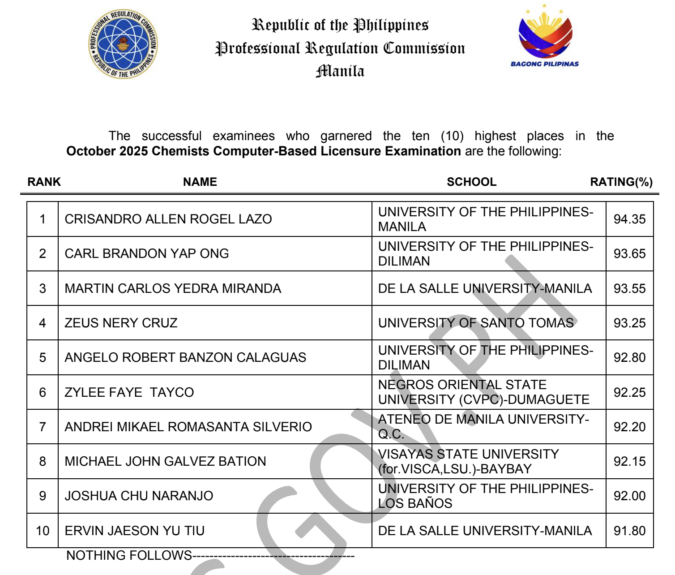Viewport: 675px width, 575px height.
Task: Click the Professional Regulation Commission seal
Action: pos(123,44)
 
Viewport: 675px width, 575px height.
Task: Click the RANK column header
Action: pos(44,182)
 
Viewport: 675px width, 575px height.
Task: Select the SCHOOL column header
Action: pos(471,182)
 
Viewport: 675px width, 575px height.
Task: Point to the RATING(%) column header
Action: pos(621,182)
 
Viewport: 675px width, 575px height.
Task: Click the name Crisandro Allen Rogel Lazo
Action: pos(168,219)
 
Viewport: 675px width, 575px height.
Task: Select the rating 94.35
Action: pos(629,219)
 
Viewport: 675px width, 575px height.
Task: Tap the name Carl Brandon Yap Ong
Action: pos(147,253)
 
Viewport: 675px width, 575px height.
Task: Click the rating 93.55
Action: pos(629,288)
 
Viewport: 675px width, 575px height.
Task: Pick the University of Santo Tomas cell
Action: pos(476,323)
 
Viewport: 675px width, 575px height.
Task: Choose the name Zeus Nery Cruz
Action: pos(121,323)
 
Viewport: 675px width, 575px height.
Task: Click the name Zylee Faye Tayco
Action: pos(129,392)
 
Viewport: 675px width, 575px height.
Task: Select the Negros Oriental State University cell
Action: pos(483,392)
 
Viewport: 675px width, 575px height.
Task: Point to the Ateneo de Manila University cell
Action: pos(483,426)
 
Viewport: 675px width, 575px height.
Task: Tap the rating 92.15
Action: pos(629,461)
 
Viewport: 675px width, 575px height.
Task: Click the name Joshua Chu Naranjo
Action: pos(139,496)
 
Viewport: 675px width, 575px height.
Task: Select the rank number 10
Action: pos(43,531)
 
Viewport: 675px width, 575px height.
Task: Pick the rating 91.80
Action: pos(629,531)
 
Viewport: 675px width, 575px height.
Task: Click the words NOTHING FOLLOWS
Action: pos(129,555)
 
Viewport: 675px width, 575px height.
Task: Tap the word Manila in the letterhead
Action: pos(340,71)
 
